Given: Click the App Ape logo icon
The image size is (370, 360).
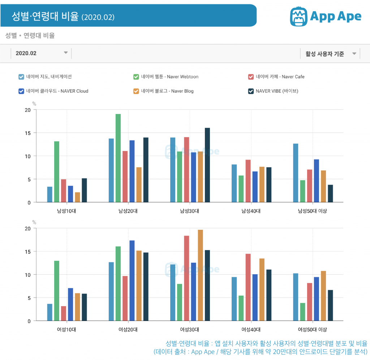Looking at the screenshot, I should pyautogui.click(x=299, y=16).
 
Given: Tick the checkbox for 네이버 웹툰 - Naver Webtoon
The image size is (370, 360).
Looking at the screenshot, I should pyautogui.click(x=136, y=77).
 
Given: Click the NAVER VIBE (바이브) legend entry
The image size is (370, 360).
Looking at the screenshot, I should pyautogui.click(x=276, y=91).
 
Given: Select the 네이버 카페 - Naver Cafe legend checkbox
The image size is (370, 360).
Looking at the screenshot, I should pyautogui.click(x=251, y=77).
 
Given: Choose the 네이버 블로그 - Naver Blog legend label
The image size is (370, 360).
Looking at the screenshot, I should pyautogui.click(x=167, y=91).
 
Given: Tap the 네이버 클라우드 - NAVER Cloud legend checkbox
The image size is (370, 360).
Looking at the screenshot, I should pyautogui.click(x=21, y=91).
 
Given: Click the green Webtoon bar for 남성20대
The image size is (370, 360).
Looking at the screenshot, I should pyautogui.click(x=118, y=158).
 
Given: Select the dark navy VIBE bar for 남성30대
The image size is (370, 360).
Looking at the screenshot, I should pyautogui.click(x=207, y=165).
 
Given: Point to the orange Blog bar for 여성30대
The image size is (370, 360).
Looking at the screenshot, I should pyautogui.click(x=200, y=275).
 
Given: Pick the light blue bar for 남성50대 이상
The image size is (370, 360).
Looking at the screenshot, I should pyautogui.click(x=296, y=173).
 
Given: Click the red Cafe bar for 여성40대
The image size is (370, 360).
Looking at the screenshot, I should pyautogui.click(x=248, y=287).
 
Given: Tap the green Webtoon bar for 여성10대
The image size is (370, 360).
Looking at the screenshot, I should pyautogui.click(x=57, y=291).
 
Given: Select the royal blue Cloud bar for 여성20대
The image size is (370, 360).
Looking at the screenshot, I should pyautogui.click(x=132, y=281).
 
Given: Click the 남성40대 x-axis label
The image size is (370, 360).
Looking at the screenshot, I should pyautogui.click(x=251, y=211).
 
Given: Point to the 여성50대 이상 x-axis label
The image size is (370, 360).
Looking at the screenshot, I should pyautogui.click(x=312, y=330).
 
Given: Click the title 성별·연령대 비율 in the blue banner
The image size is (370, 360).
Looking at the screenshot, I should pyautogui.click(x=45, y=16).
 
